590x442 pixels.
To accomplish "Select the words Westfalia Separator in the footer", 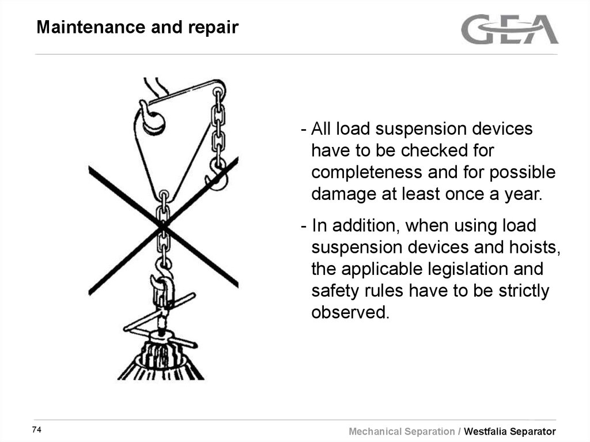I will coord(510,431).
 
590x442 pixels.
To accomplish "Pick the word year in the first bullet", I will coord(524,194).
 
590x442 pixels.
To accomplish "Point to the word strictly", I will coord(521,290).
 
